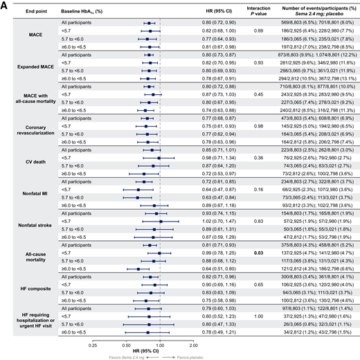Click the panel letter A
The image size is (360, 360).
pyautogui.click(x=5, y=5)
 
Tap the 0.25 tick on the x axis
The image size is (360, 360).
pyautogui.click(x=93, y=342)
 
